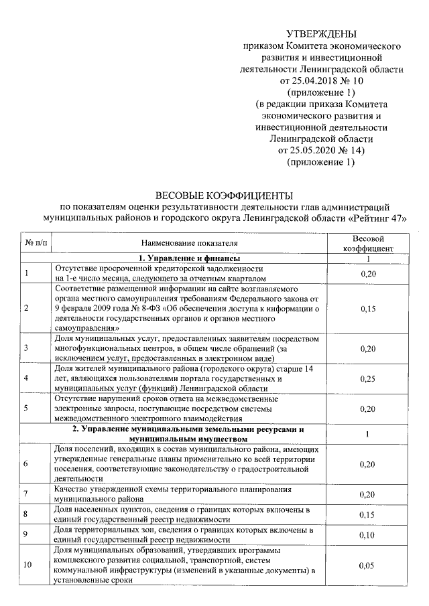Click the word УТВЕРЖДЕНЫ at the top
322,34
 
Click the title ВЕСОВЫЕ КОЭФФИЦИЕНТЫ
225,195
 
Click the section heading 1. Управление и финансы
190,258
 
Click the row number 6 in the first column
26,463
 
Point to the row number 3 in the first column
26,348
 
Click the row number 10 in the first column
27,566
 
